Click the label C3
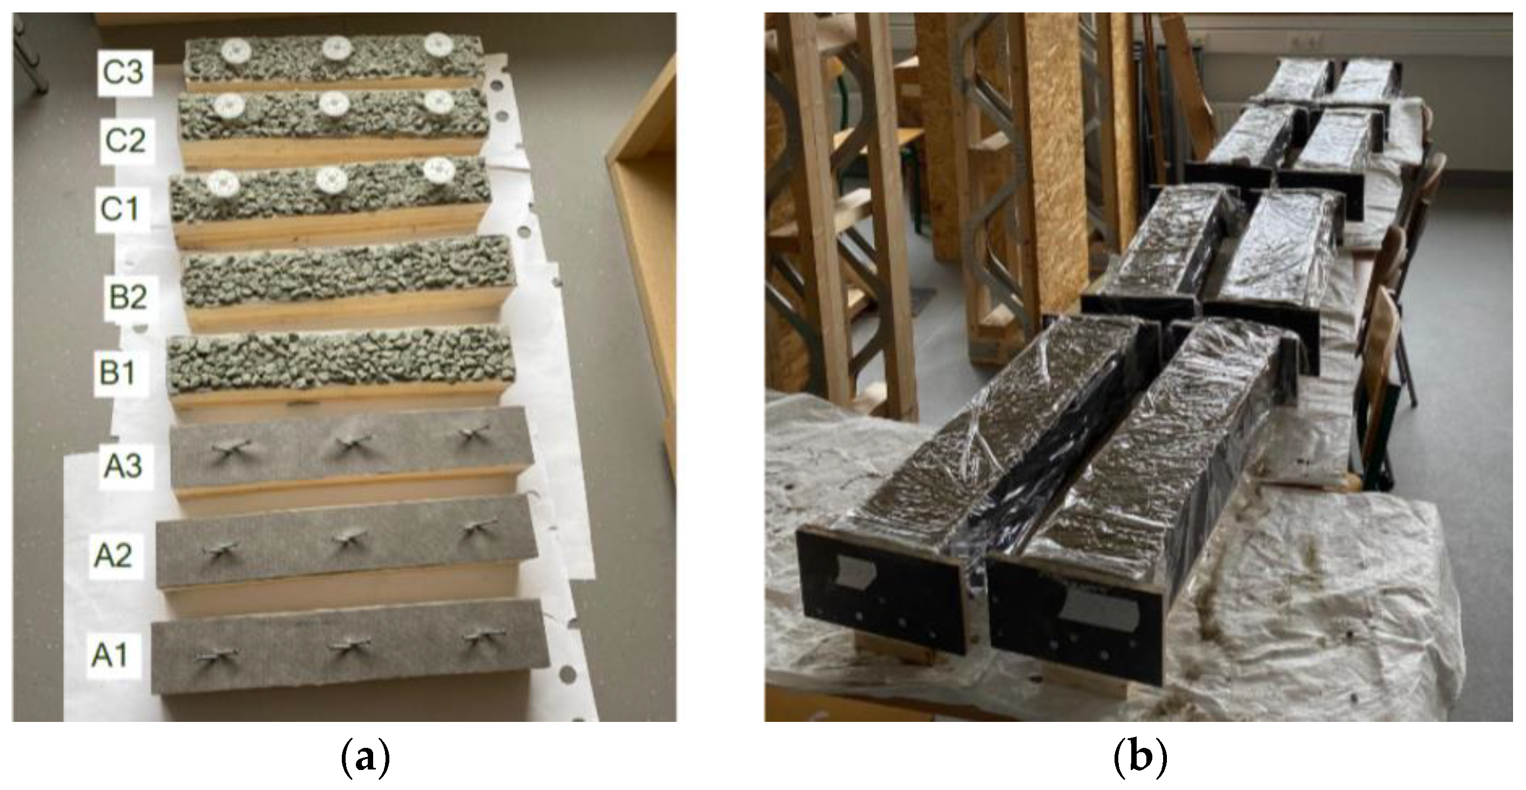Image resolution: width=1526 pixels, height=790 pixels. pos(123,72)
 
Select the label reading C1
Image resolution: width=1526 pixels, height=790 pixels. pos(120,209)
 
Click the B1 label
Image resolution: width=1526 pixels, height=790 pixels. pos(117,373)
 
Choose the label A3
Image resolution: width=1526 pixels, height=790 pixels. pos(123,465)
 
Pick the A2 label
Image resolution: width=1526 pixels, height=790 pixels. pos(113,555)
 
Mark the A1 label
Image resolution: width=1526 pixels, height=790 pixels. pos(110,655)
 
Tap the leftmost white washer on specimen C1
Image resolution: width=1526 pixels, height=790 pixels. pos(224,183)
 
